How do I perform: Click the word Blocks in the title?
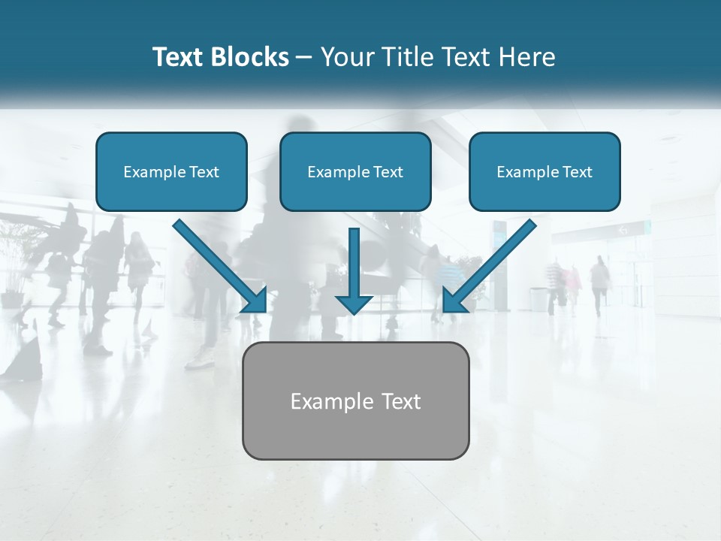coord(249,57)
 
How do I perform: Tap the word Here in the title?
coord(526,57)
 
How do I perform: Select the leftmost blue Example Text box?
coord(171,171)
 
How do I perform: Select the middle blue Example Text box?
coord(355,171)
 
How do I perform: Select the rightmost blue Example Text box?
coord(545,171)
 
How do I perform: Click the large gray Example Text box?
coord(355,400)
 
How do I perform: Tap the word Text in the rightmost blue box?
coord(577,172)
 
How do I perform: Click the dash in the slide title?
coord(304,57)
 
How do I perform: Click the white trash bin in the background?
coord(538,298)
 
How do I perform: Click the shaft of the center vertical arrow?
coord(354,259)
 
